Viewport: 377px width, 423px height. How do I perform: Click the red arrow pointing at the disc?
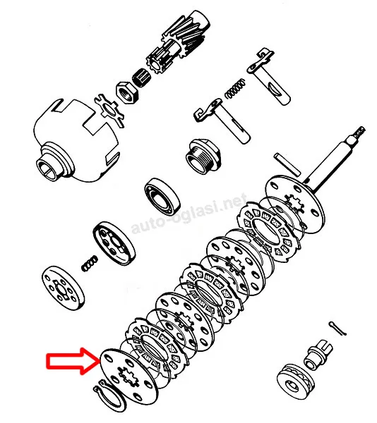73,361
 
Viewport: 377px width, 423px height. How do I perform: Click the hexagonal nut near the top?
127,92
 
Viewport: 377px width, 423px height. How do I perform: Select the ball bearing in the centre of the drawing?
162,197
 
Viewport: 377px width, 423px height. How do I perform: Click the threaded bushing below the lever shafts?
203,156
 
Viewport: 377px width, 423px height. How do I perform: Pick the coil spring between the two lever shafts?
236,89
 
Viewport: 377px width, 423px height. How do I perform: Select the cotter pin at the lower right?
337,329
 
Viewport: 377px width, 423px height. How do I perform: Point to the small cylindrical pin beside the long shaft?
287,164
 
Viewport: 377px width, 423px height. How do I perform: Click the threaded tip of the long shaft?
359,133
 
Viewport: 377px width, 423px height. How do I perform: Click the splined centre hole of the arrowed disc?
128,376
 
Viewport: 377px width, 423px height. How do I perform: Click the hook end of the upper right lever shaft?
264,54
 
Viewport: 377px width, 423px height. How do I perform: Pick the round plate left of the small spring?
63,288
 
